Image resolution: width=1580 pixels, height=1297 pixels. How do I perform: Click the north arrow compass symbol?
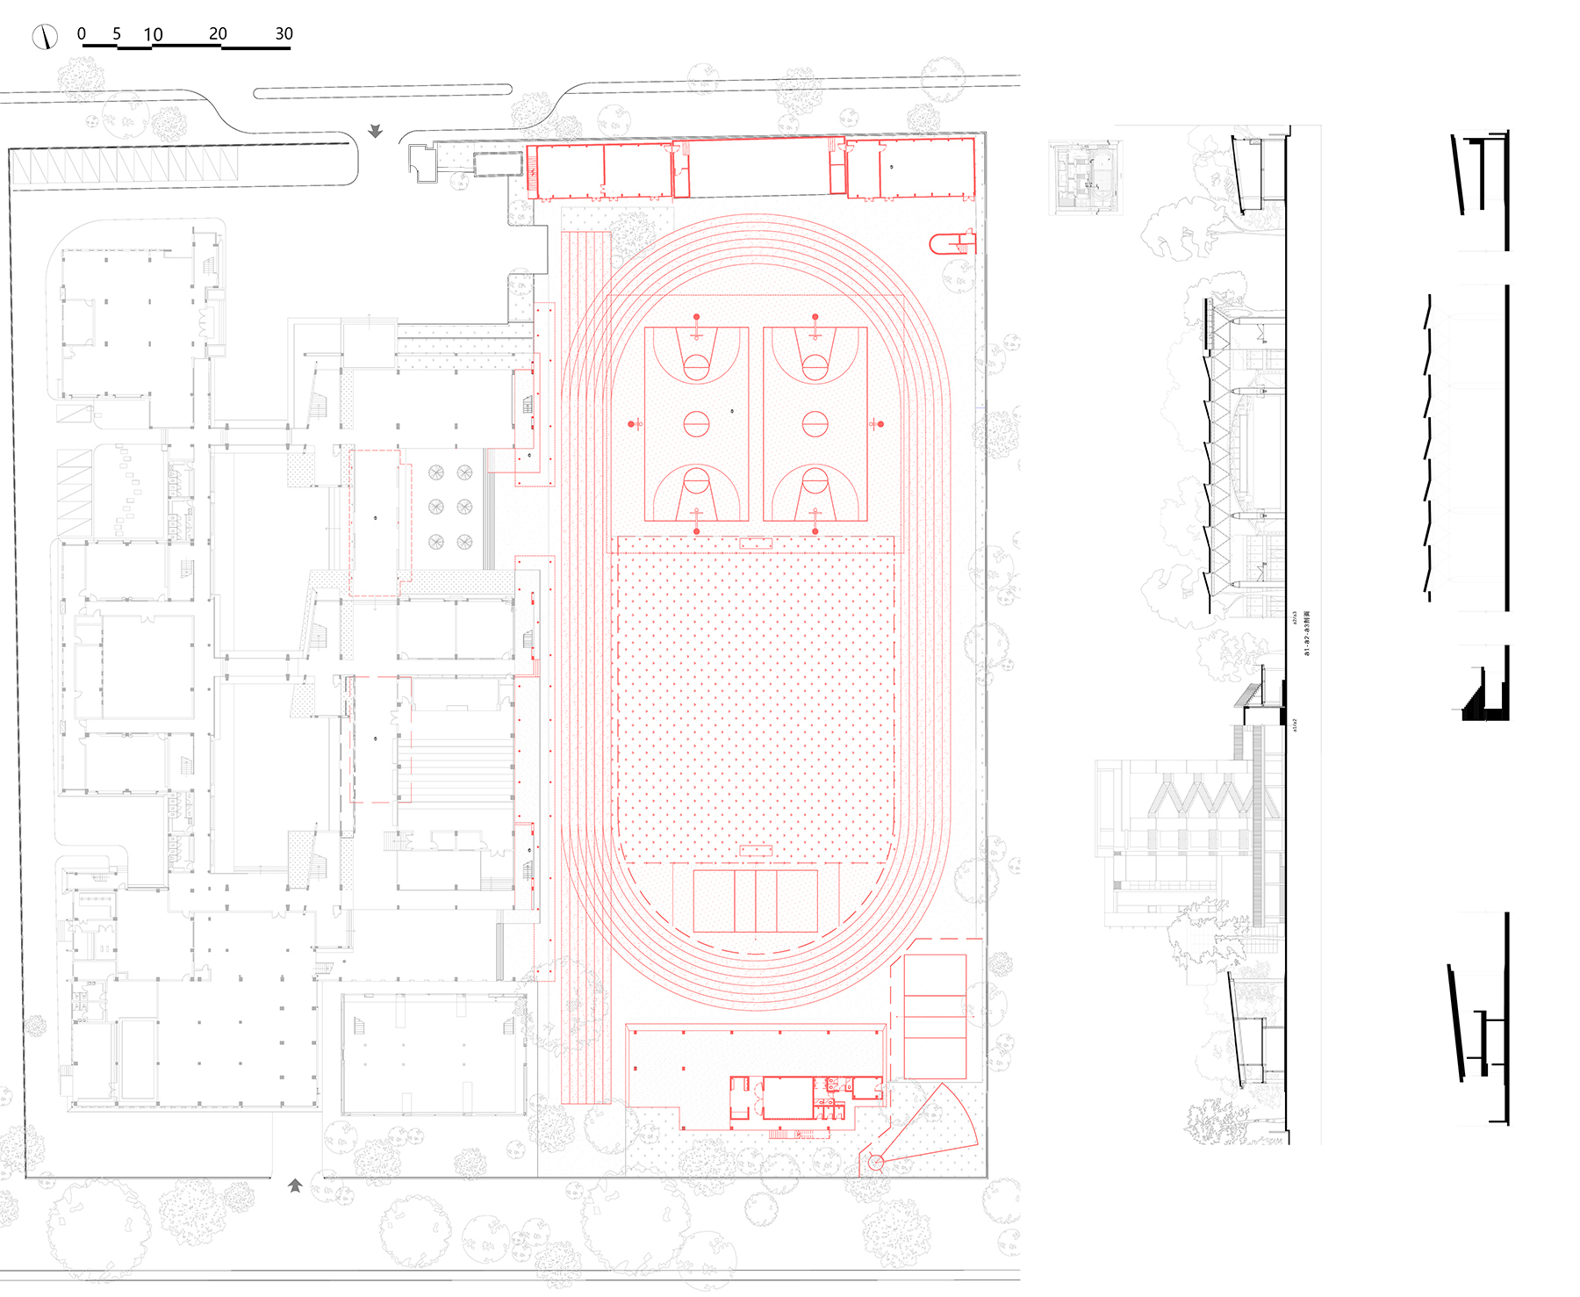pos(45,37)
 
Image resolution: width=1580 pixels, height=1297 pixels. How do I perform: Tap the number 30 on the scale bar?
pos(284,33)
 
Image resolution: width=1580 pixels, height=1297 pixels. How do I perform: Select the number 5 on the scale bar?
pos(117,33)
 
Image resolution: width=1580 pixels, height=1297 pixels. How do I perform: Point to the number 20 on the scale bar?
pos(218,33)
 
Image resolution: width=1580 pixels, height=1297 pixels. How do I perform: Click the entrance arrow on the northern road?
pos(376,131)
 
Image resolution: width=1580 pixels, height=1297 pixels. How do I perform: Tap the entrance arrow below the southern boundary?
pos(295,1185)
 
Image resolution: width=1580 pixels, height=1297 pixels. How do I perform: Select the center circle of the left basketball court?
pos(696,424)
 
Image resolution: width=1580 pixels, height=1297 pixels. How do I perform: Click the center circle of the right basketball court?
pos(815,424)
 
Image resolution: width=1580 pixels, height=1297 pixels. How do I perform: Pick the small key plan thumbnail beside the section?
pos(1086,178)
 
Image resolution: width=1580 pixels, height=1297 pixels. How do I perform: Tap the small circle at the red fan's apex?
pos(875,1162)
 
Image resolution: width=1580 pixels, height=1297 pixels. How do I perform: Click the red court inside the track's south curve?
pos(755,901)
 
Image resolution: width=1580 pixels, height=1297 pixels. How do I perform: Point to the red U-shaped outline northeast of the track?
pos(950,243)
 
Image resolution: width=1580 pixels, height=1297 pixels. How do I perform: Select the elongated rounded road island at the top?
pos(383,90)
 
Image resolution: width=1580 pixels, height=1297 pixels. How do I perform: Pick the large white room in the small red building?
pos(787,1098)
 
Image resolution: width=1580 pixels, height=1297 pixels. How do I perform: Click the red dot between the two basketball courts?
pos(732,410)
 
